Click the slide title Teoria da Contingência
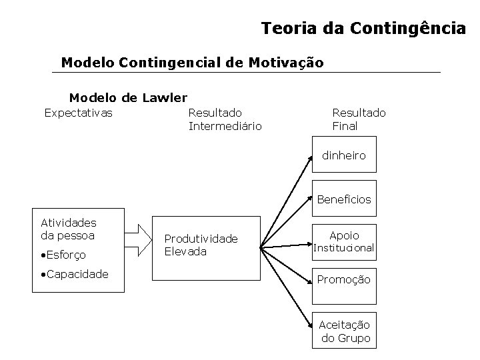(363, 29)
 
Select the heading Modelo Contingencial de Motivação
(192, 63)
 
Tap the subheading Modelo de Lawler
(128, 98)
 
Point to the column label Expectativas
(78, 113)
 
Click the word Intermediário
(225, 126)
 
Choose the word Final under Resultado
(345, 126)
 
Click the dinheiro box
(344, 155)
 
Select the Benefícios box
(344, 199)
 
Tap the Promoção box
(344, 279)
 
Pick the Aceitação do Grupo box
(344, 330)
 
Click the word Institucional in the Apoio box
(344, 248)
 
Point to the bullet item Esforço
(64, 255)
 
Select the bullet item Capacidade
(73, 274)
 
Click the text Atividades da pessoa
(69, 229)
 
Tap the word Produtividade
(201, 239)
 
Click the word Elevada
(185, 251)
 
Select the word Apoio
(344, 235)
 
